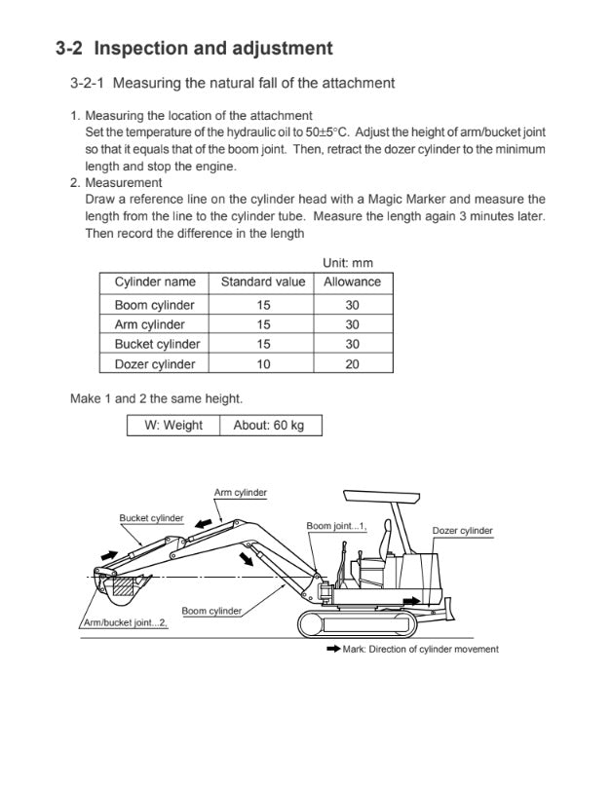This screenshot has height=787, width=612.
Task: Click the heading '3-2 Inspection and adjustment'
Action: point(194,48)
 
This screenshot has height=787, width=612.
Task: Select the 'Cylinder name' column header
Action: point(155,281)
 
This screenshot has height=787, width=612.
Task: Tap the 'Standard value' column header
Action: point(263,281)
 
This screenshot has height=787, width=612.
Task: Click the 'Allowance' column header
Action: point(352,281)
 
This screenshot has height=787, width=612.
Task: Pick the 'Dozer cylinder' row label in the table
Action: point(155,364)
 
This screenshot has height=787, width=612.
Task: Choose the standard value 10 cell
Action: point(263,364)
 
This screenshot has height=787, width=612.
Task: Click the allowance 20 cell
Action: point(352,364)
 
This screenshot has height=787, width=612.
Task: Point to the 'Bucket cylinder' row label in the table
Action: point(157,344)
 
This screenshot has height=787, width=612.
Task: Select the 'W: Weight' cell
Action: point(173,426)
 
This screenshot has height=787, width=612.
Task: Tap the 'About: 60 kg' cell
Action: point(269,426)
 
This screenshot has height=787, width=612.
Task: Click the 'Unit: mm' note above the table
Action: point(347,263)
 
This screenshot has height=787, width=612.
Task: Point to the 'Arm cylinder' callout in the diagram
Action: point(240,493)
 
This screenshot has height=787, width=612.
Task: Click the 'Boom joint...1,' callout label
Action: point(336,526)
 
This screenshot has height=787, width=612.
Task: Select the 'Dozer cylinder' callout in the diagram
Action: point(462,531)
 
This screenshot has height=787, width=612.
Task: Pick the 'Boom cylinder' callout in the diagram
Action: point(211,611)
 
